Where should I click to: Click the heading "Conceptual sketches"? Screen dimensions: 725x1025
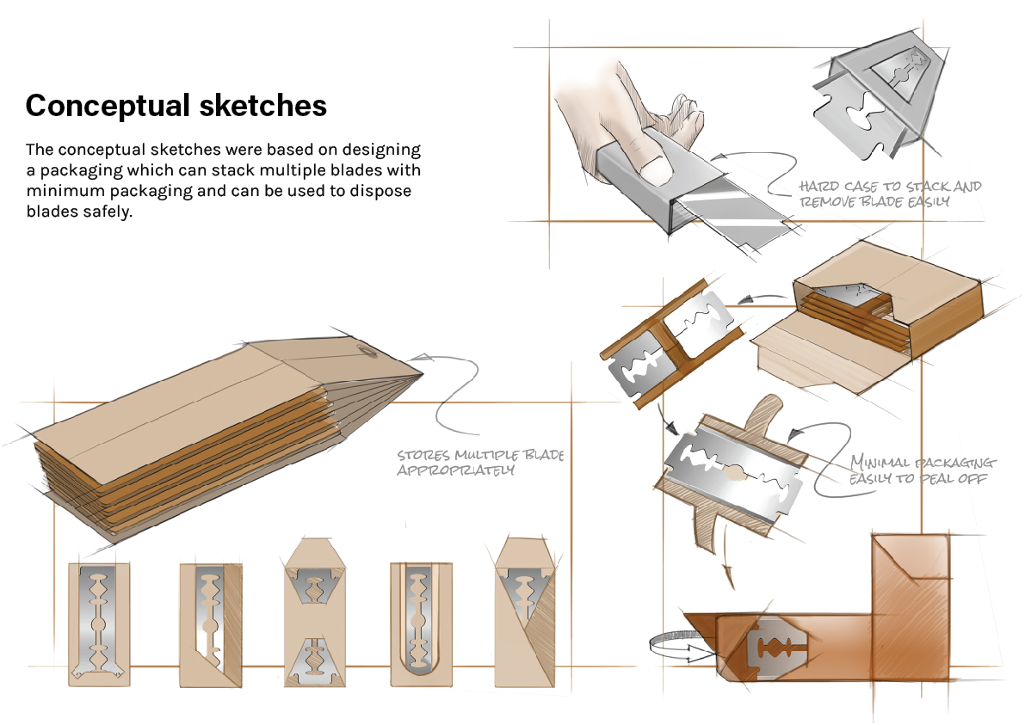pyautogui.click(x=176, y=106)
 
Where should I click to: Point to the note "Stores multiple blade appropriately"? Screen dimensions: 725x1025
pyautogui.click(x=479, y=462)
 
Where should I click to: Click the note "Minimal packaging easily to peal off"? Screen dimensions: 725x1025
pyautogui.click(x=922, y=470)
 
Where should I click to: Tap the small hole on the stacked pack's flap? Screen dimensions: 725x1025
pyautogui.click(x=366, y=349)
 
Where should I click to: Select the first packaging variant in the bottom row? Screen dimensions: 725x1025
pyautogui.click(x=99, y=624)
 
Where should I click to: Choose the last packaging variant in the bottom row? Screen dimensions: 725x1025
pyautogui.click(x=525, y=612)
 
